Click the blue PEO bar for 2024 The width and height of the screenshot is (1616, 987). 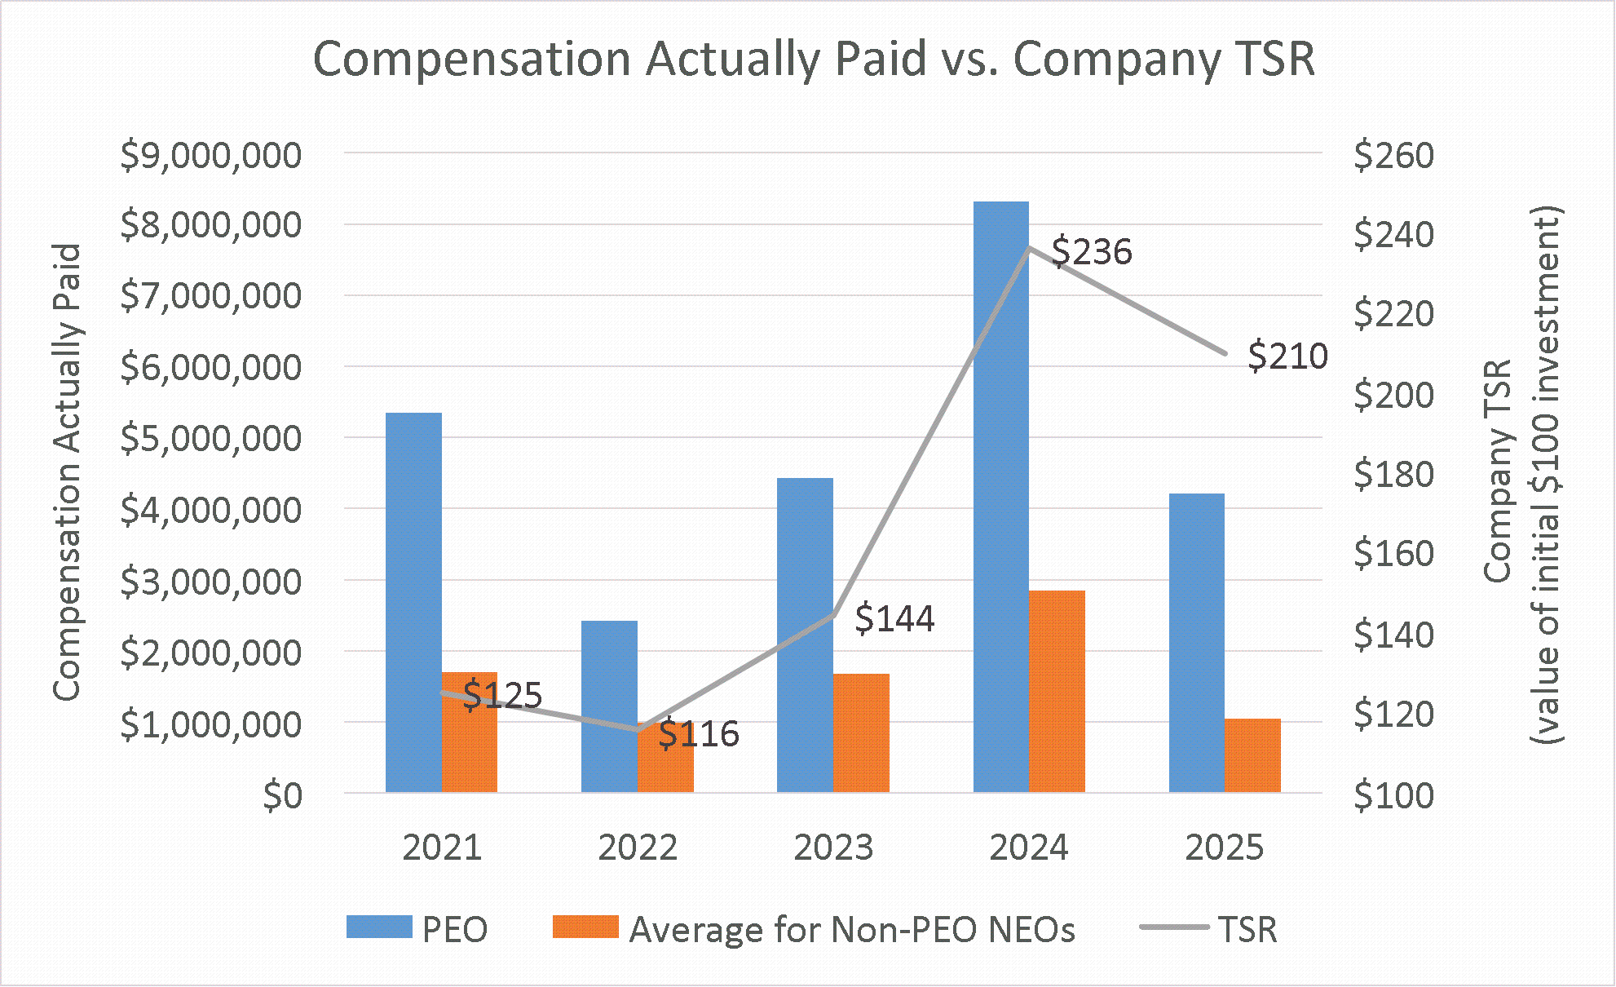point(1000,497)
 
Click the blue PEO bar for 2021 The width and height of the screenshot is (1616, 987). point(413,603)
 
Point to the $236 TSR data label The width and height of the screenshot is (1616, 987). point(1092,251)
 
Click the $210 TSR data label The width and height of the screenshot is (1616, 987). point(1287,356)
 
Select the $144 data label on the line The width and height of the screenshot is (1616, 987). point(894,618)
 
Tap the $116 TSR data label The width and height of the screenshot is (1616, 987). point(699,734)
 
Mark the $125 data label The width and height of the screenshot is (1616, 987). point(502,695)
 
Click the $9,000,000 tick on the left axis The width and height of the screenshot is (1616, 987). point(210,155)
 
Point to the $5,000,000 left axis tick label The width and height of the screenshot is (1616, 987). point(210,439)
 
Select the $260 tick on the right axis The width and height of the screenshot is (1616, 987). point(1393,155)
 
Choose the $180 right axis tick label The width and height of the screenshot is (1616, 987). point(1393,475)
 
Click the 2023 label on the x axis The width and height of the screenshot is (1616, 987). point(833,848)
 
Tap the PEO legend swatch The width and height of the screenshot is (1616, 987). point(379,927)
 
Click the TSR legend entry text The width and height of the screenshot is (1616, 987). point(1247,930)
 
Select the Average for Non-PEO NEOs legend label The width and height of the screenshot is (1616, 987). point(852,930)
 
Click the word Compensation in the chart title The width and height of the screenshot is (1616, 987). point(472,60)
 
